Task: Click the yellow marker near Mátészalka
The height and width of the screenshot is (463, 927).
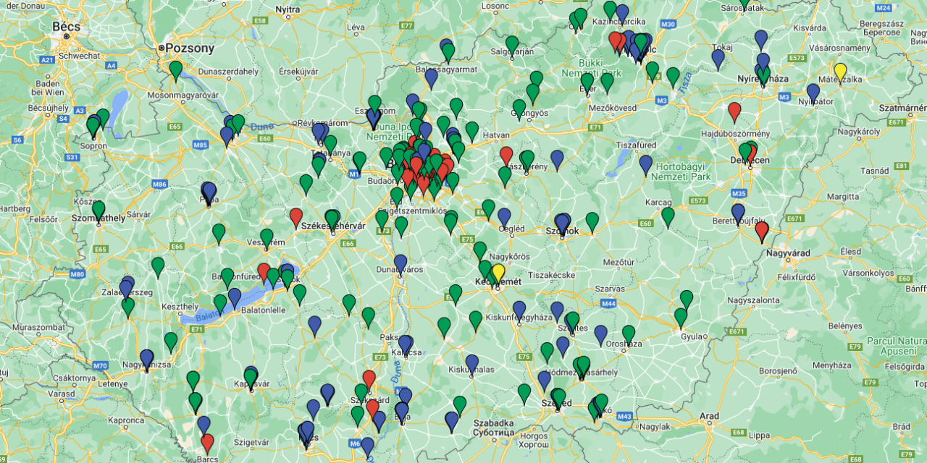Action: (x=840, y=72)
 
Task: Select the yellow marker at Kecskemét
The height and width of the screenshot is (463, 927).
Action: (x=498, y=273)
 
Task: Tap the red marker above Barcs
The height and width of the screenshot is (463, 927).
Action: (x=207, y=442)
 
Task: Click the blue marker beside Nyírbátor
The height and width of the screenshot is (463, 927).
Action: (x=813, y=92)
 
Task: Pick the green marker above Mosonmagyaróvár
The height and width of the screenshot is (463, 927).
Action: (x=176, y=69)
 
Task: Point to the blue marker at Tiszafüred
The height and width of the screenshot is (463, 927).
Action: (x=646, y=163)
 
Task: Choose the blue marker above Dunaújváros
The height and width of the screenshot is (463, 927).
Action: (x=400, y=263)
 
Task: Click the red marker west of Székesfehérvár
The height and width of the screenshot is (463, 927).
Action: (x=295, y=216)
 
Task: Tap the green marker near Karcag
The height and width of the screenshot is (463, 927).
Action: (x=668, y=216)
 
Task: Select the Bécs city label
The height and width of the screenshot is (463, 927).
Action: (x=66, y=26)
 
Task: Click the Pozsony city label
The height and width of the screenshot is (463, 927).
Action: (x=190, y=48)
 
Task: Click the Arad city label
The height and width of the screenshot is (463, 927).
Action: (x=709, y=416)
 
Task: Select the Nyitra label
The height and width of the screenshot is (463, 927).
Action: (x=288, y=9)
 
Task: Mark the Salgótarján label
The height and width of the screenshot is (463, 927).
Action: (x=512, y=51)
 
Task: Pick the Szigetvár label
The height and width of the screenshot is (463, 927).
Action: (x=251, y=441)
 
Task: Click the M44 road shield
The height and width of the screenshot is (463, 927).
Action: (x=609, y=302)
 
